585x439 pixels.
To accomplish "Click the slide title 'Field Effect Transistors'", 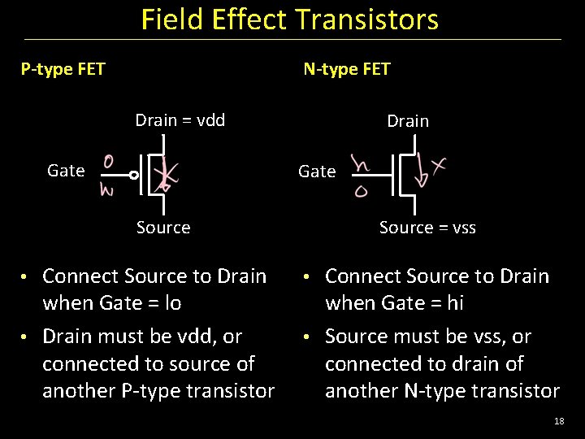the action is pyautogui.click(x=289, y=20).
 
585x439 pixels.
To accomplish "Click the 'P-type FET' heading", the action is pyautogui.click(x=63, y=69).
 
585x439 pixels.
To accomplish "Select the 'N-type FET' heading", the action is pyautogui.click(x=346, y=69).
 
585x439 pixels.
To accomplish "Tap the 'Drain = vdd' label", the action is pyautogui.click(x=180, y=120).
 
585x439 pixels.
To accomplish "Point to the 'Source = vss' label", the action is pyautogui.click(x=427, y=228).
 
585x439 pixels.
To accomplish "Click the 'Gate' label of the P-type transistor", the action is pyautogui.click(x=66, y=171).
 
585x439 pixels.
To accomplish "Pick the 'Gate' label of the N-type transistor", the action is pyautogui.click(x=317, y=172).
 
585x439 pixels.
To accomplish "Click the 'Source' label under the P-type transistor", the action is pyautogui.click(x=163, y=228).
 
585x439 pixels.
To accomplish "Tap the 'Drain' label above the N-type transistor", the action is pyautogui.click(x=408, y=121).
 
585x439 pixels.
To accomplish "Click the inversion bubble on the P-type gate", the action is pyautogui.click(x=134, y=175).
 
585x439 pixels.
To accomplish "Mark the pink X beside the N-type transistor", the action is pyautogui.click(x=440, y=167).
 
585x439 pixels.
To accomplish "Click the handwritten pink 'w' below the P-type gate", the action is pyautogui.click(x=106, y=190).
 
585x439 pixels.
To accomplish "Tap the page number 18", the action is pyautogui.click(x=558, y=420).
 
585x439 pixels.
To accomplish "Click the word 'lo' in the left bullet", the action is pyautogui.click(x=171, y=303).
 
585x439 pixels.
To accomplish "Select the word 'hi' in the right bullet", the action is pyautogui.click(x=455, y=303).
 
